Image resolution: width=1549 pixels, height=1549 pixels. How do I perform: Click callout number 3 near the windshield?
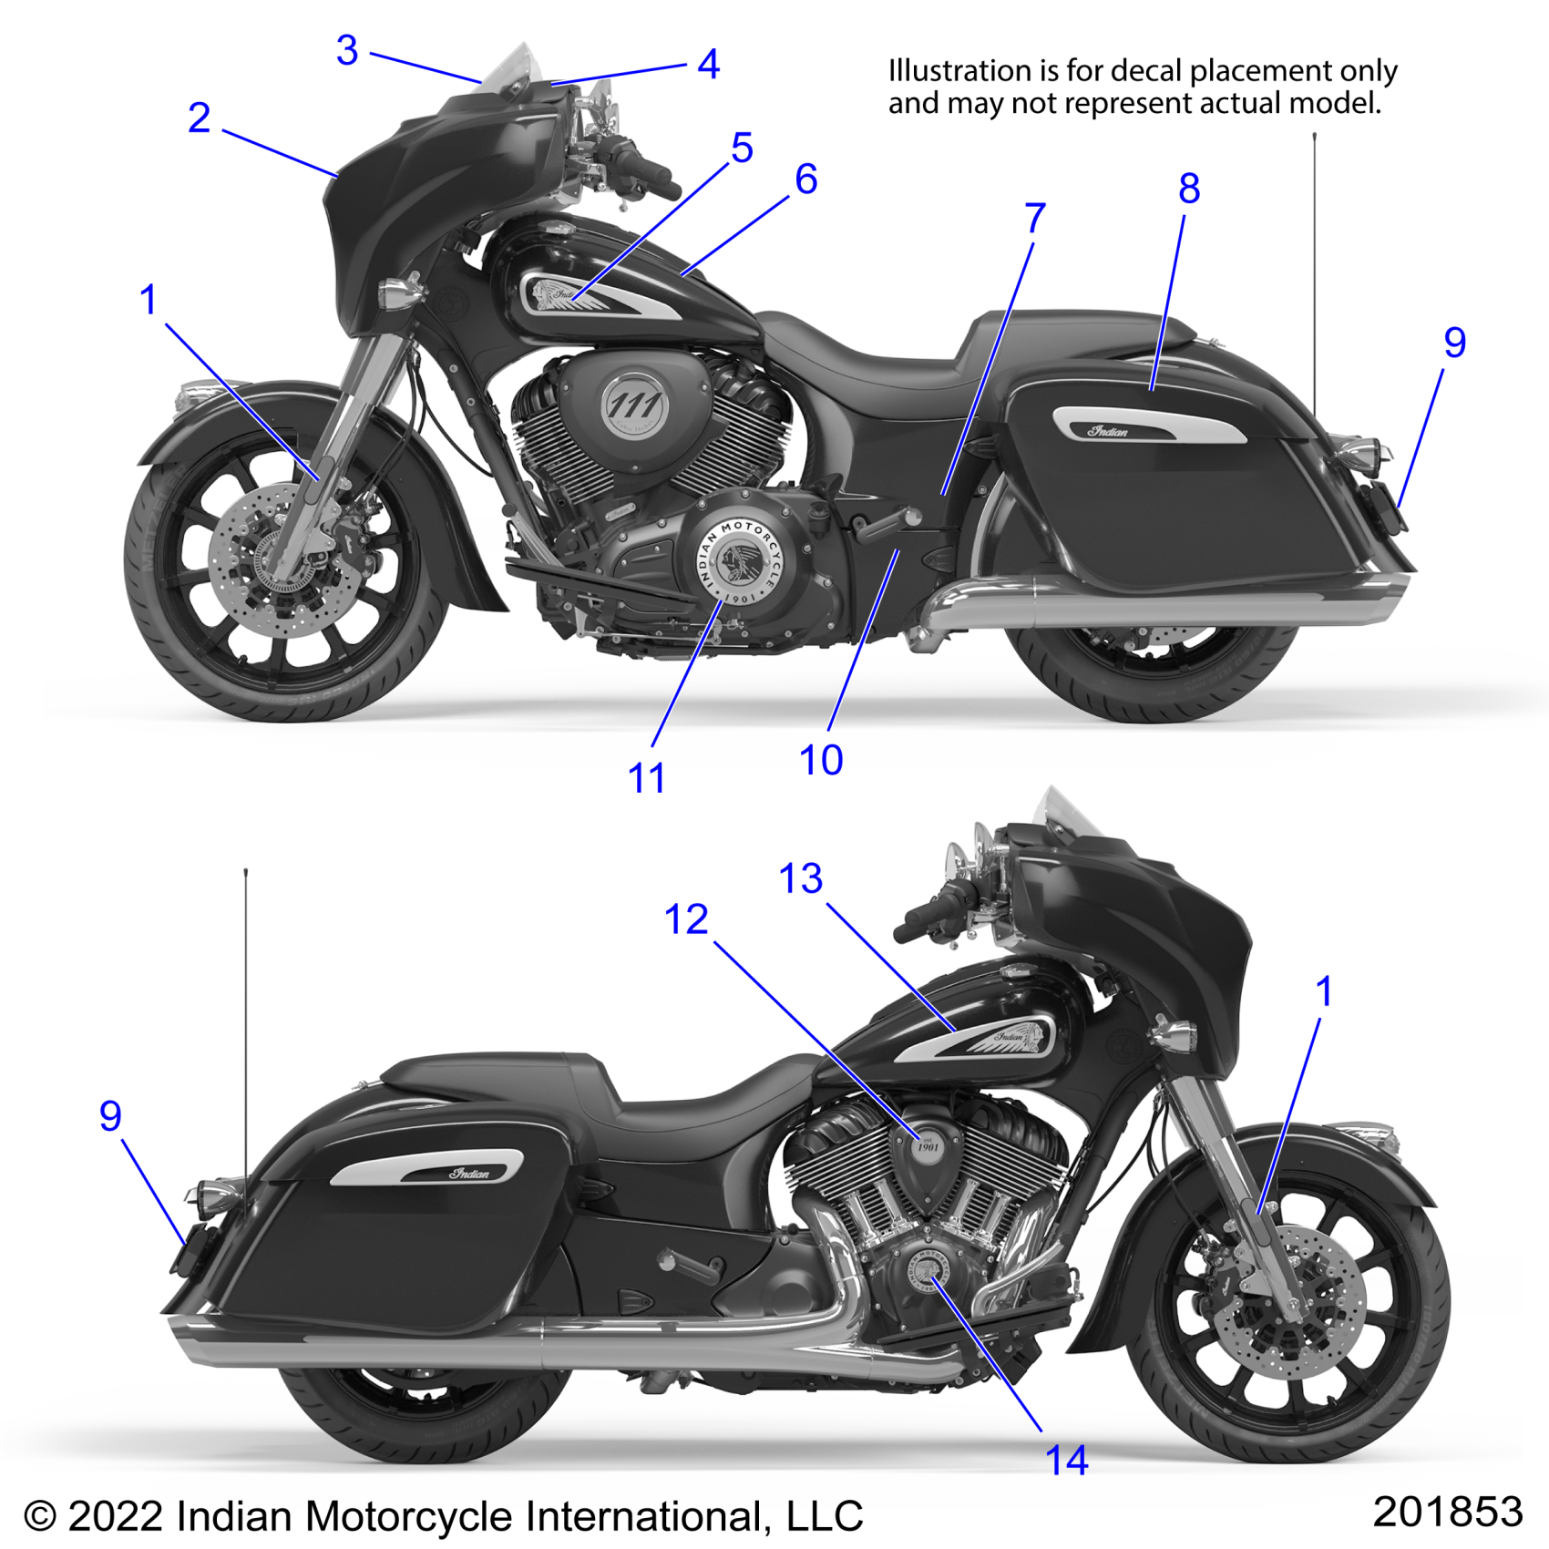(347, 51)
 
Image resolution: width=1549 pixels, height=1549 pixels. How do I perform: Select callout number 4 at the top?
(708, 65)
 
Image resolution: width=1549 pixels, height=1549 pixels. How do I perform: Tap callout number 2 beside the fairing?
(200, 118)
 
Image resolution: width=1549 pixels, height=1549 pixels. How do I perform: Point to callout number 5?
(742, 149)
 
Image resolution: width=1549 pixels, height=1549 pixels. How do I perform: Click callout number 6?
(805, 180)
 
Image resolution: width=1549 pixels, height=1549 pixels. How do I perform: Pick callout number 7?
(1034, 219)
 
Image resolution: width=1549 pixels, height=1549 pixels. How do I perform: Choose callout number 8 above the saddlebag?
(1189, 190)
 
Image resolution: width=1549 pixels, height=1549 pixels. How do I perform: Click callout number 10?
(821, 760)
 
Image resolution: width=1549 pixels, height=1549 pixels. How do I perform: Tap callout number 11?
(647, 779)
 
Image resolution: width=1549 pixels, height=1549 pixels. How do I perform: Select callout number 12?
(686, 919)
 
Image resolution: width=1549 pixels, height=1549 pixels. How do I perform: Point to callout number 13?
(801, 879)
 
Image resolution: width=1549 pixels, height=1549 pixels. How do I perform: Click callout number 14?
(1066, 1461)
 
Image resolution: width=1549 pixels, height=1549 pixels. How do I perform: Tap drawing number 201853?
(1447, 1513)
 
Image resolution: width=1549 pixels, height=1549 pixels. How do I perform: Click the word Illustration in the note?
(959, 71)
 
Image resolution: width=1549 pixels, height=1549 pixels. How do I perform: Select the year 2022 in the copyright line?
(115, 1517)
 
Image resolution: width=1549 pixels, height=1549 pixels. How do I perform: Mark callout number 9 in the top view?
(1454, 344)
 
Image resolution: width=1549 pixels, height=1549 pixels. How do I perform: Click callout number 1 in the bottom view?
(1324, 992)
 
